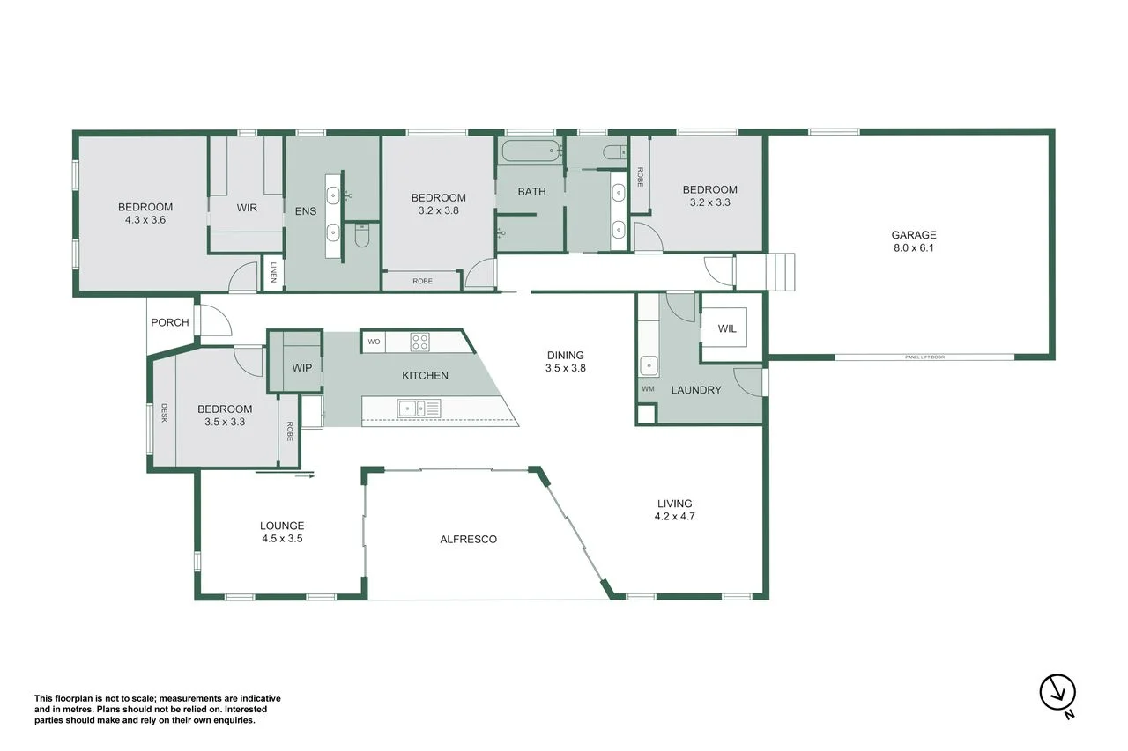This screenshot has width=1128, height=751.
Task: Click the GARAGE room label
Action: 913,235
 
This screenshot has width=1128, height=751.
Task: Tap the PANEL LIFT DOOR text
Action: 924,357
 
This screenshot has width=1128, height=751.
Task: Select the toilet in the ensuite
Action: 361,235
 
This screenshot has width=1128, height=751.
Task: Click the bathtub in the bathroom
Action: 531,151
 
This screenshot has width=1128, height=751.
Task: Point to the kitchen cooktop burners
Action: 419,341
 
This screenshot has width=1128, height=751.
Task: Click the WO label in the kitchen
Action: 374,342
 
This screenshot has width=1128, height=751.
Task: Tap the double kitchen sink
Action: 418,407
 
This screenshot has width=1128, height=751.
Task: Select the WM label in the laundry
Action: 648,388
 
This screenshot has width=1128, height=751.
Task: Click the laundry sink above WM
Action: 649,364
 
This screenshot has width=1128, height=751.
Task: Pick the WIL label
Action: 727,328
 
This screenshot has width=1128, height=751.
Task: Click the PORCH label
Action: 170,322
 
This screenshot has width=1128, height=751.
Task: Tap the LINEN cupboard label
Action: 274,273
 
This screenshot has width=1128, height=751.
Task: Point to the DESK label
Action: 164,413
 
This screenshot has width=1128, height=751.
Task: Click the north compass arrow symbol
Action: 1057,692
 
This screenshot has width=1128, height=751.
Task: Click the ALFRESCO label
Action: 468,539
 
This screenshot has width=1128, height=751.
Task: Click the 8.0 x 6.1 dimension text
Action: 913,248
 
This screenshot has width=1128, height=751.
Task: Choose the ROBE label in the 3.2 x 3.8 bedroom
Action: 422,282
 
